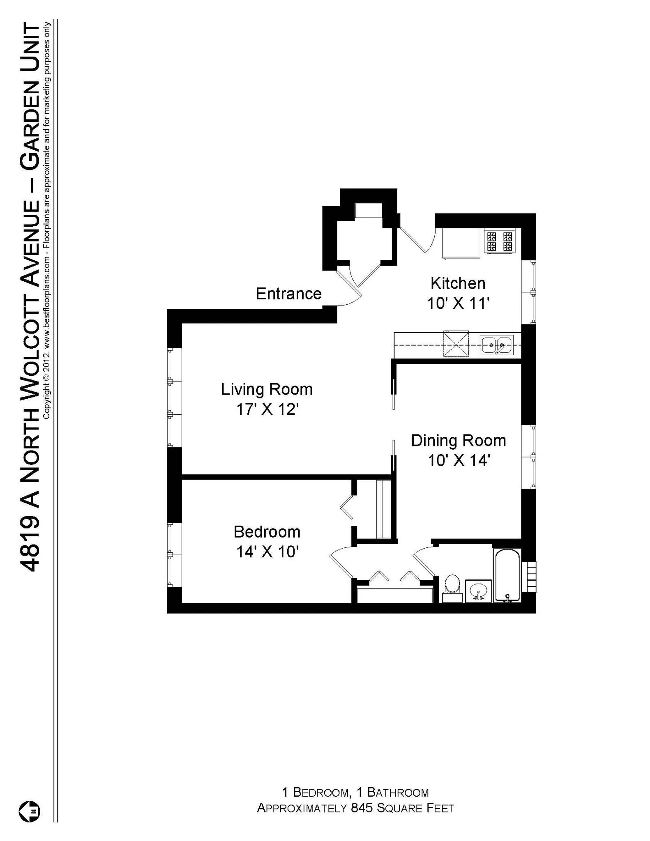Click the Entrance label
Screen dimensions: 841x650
pos(288,294)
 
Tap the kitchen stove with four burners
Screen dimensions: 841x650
pos(500,241)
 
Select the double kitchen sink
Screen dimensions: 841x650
pos(497,345)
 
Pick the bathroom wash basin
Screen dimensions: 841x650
pos(478,591)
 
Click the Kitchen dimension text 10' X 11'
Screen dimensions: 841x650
pos(458,303)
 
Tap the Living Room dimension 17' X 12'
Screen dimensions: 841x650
pos(267,409)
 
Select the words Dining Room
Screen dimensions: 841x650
pos(459,441)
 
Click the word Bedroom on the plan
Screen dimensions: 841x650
pos(267,532)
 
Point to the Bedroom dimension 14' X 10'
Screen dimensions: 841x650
pos(267,551)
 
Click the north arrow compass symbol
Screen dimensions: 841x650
pos(30,811)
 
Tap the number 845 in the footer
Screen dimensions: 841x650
pos(362,808)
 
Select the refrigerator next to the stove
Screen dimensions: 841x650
pos(461,244)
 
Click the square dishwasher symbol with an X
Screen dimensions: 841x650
pos(456,344)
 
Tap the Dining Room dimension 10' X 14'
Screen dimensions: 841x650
pos(459,460)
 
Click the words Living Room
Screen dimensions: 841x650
pos(267,389)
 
